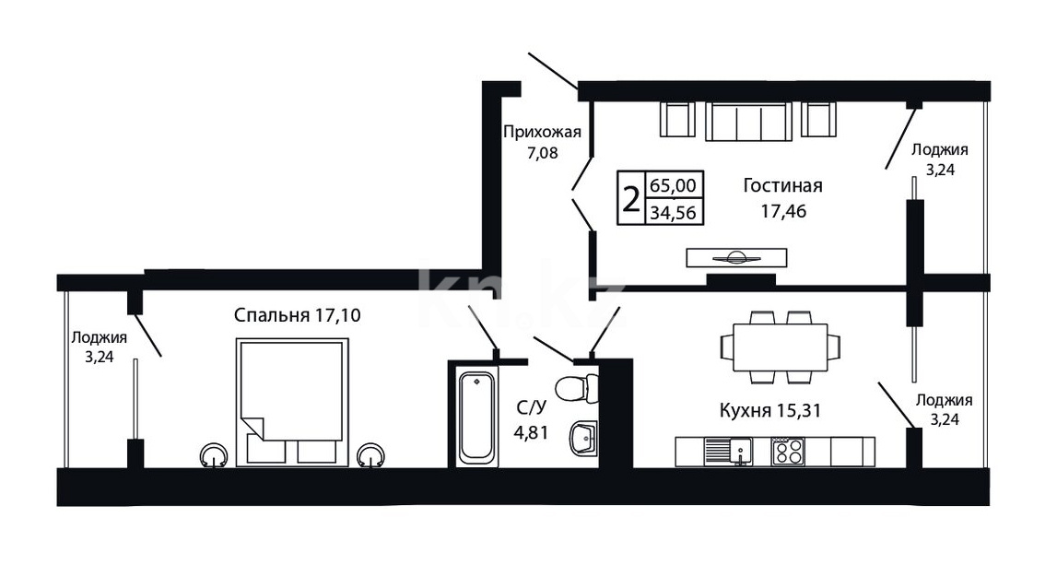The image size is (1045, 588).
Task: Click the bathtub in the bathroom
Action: point(477,417)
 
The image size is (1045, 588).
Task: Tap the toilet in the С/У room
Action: point(577,388)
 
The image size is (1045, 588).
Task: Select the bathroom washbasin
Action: point(584,439)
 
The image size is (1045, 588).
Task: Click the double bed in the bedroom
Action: point(292,402)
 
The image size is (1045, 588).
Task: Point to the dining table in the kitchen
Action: point(780,347)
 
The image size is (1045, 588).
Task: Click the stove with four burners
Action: point(788,452)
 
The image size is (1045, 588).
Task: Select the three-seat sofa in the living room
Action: point(748,122)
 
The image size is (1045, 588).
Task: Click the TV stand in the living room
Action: point(736,257)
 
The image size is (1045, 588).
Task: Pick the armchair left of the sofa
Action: point(677,119)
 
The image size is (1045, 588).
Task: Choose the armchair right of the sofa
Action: point(818,119)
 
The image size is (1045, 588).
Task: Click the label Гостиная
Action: point(782,185)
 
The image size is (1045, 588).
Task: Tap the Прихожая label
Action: point(542,132)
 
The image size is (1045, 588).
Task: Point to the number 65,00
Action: point(673,184)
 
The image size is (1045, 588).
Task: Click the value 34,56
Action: point(673,213)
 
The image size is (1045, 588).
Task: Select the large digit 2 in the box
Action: point(630,198)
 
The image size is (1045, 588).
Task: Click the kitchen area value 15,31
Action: point(798,410)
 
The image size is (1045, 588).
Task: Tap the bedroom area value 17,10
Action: point(337,314)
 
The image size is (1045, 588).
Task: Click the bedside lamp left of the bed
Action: point(214,456)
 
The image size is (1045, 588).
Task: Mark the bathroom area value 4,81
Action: point(531,432)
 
